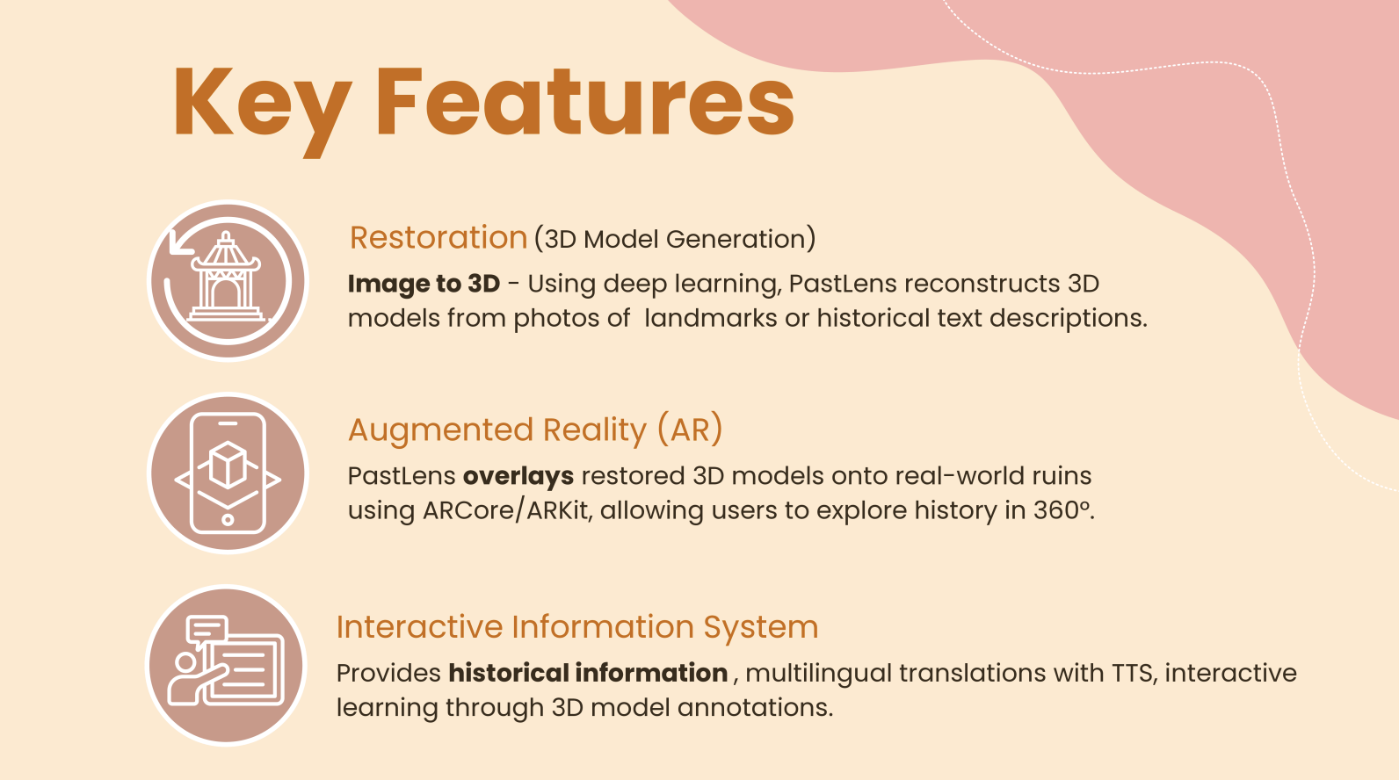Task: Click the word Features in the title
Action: point(584,101)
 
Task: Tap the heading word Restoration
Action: point(439,238)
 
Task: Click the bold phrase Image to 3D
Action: point(424,284)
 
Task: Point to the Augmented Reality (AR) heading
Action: point(535,430)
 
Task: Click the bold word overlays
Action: point(518,476)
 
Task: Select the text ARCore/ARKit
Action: point(506,511)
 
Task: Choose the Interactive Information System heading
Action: point(577,627)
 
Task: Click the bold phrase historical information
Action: point(588,673)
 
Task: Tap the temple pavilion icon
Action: point(226,277)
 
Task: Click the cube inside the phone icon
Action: point(228,464)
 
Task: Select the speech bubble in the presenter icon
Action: point(207,629)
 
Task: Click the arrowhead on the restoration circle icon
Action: point(180,242)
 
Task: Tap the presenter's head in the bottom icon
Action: point(185,662)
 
